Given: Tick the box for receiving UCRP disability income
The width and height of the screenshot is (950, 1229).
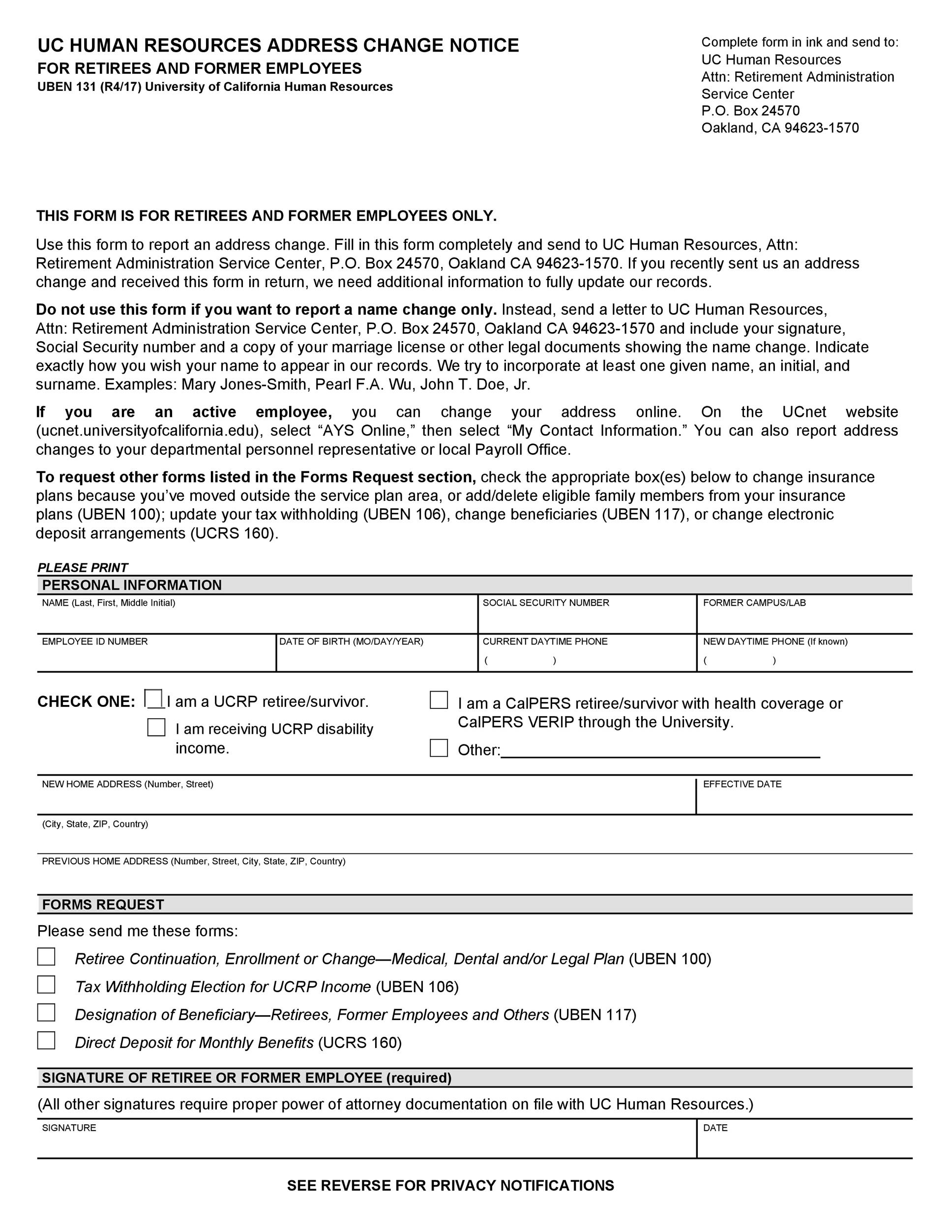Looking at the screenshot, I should pos(156,727).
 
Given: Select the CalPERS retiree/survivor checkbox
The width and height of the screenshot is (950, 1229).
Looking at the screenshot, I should pos(439,700).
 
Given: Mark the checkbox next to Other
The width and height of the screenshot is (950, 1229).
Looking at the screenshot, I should pos(439,748).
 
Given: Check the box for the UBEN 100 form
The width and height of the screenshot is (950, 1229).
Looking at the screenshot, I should pos(46,957).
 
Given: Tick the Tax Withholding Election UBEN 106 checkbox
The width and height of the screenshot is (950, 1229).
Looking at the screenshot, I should pos(46,984).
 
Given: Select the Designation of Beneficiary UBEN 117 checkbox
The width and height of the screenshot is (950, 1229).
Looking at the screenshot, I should pos(46,1012).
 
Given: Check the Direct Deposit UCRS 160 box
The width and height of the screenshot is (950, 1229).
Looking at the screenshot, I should pos(46,1041).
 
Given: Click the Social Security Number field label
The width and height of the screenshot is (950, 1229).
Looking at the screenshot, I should pos(545,603).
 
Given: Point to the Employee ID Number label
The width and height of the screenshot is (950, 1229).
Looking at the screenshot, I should pos(94,642).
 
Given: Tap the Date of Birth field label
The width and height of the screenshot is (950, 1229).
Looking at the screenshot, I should pos(351,642).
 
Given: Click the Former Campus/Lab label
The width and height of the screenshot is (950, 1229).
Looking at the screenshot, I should pos(754,603).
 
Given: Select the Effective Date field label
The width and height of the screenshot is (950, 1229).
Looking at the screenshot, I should pos(742,784).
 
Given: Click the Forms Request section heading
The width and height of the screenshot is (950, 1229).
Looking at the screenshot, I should pos(103,905).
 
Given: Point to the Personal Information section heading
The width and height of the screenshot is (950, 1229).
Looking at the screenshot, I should pos(132,585).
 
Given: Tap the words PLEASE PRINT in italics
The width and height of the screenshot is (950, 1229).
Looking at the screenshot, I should pos(83,567).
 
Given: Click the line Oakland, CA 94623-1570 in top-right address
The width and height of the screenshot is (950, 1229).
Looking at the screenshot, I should pos(779,128).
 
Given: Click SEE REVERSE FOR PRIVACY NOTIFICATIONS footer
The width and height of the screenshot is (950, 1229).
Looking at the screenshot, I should pos(450,1186).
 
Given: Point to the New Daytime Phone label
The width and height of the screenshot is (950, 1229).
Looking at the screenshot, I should pos(775,642).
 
